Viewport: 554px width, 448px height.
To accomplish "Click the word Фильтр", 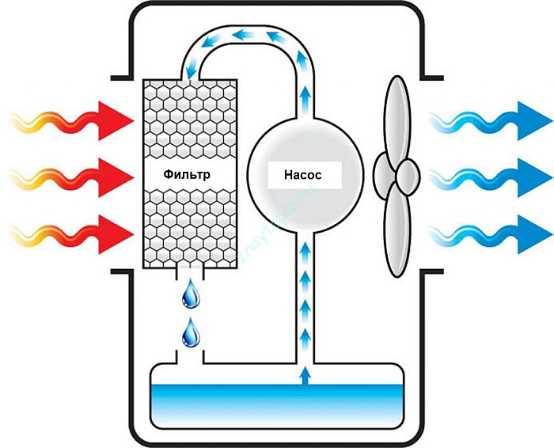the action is click(x=187, y=174).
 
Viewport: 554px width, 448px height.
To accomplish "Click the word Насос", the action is click(x=303, y=175).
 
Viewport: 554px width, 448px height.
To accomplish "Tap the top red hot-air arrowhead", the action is click(x=116, y=121).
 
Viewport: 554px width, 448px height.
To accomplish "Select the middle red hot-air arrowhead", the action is click(x=116, y=177).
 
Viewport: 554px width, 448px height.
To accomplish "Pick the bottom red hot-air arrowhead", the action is click(x=116, y=234).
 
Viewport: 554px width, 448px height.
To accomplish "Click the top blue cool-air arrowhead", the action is click(x=535, y=121).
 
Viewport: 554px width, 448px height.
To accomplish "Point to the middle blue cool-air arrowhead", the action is click(x=535, y=177).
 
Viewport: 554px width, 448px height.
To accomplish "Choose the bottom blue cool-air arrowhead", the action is click(x=535, y=234).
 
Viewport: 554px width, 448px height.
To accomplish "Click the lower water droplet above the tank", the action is click(x=191, y=333).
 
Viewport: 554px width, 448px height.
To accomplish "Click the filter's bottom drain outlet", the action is click(x=190, y=275).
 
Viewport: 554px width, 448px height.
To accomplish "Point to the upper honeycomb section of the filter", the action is click(x=190, y=120).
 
